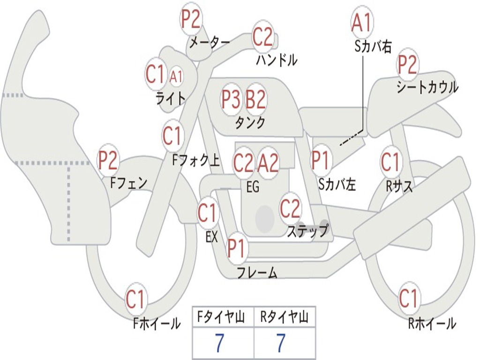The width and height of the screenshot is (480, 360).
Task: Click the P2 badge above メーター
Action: pyautogui.click(x=191, y=19)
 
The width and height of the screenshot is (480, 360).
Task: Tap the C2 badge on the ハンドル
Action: pyautogui.click(x=262, y=37)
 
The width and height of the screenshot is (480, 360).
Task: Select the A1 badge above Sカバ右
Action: pyautogui.click(x=362, y=22)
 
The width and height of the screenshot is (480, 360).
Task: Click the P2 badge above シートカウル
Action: pyautogui.click(x=407, y=65)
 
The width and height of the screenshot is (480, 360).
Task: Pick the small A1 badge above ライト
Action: pyautogui.click(x=176, y=75)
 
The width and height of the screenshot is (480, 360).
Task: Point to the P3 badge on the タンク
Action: pyautogui.click(x=231, y=99)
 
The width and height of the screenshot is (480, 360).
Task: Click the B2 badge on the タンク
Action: pyautogui.click(x=256, y=99)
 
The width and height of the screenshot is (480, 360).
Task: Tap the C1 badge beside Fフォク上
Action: pyautogui.click(x=172, y=136)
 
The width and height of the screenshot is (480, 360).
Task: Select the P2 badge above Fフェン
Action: pyautogui.click(x=108, y=160)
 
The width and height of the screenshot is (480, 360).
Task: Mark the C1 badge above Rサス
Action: pyautogui.click(x=390, y=162)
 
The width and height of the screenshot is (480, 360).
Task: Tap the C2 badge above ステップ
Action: pyautogui.click(x=290, y=209)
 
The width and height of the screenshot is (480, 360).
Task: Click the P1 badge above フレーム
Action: pyautogui.click(x=237, y=249)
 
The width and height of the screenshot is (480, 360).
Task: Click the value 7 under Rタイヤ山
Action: pyautogui.click(x=281, y=344)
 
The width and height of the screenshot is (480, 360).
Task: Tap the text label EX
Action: pyautogui.click(x=211, y=237)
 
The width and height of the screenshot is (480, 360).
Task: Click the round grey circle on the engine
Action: pyautogui.click(x=264, y=218)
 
